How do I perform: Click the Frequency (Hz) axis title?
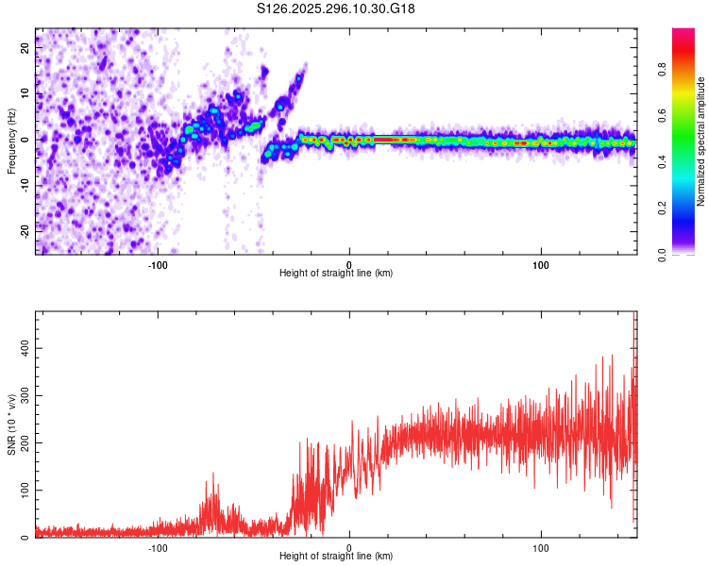(11, 141)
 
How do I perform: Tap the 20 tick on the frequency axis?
(26, 46)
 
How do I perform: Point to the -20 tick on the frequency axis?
(24, 230)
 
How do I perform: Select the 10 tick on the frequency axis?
(26, 92)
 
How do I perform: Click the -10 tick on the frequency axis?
(24, 185)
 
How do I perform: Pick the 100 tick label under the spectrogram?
(541, 264)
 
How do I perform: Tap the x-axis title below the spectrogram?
(336, 274)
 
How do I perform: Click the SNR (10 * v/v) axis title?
(11, 424)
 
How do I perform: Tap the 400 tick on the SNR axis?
(24, 348)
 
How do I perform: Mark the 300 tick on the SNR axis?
(24, 396)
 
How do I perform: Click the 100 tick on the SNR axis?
(24, 491)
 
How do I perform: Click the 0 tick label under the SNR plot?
(349, 547)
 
